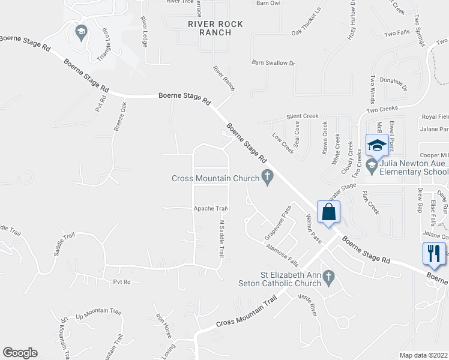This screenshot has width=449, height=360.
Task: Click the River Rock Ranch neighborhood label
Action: point(215,28)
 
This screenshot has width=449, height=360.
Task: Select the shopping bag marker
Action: point(329,212)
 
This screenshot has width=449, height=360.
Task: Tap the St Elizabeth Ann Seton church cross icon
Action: point(328,277)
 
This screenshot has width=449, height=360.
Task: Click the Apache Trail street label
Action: point(211,209)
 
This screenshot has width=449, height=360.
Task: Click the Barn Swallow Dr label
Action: point(273,62)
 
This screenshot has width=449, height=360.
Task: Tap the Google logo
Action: point(20,353)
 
